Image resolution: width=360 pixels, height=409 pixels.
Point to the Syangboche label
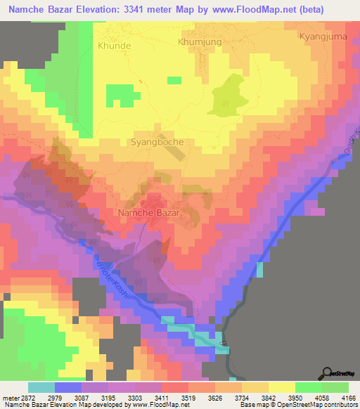(157, 141)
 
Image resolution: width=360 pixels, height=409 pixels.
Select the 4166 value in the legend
(347, 398)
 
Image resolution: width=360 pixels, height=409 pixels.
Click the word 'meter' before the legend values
(8, 398)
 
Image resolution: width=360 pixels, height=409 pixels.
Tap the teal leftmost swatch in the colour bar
(41, 387)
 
